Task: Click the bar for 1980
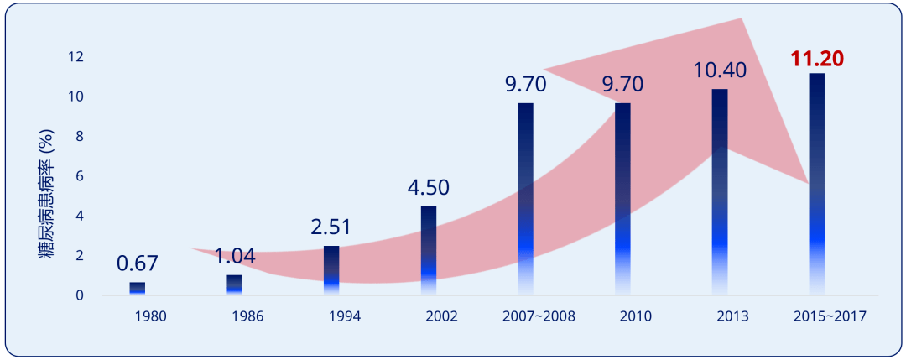(137, 289)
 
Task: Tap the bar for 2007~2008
(525, 199)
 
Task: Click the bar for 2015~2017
(816, 184)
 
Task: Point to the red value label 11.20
(816, 59)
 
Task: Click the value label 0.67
(137, 263)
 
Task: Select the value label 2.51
(331, 227)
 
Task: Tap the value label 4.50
(428, 187)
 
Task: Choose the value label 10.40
(720, 70)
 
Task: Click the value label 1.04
(234, 257)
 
